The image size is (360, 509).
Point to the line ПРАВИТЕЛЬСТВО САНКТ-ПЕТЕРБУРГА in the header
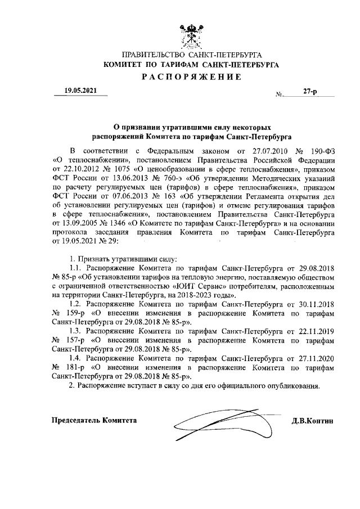(x=191, y=55)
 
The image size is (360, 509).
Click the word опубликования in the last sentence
(x=292, y=387)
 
